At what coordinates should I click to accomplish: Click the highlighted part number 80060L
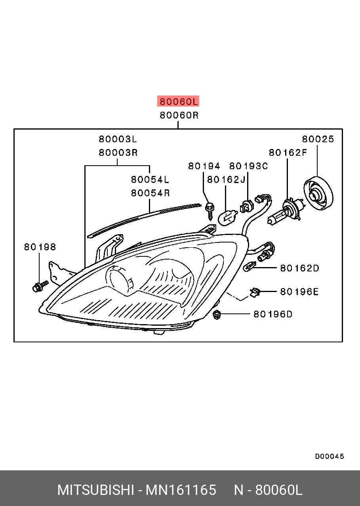(x=178, y=101)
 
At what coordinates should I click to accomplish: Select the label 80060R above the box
(x=179, y=115)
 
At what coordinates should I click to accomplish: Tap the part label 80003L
(x=118, y=139)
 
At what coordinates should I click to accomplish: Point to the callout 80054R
(x=150, y=193)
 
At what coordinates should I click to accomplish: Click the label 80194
(x=204, y=166)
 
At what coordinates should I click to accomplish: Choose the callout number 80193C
(x=249, y=166)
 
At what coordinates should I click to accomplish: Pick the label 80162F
(x=288, y=153)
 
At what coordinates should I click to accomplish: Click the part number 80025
(x=318, y=139)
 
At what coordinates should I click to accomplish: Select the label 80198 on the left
(x=40, y=247)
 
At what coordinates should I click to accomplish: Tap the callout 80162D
(x=299, y=268)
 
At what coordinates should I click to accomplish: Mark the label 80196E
(x=299, y=292)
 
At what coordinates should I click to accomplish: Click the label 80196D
(x=273, y=314)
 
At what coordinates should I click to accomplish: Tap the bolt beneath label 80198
(x=39, y=286)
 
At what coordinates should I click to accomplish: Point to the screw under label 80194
(x=209, y=210)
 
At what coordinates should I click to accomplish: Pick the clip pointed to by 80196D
(x=217, y=315)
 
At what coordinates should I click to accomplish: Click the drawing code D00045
(x=330, y=456)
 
